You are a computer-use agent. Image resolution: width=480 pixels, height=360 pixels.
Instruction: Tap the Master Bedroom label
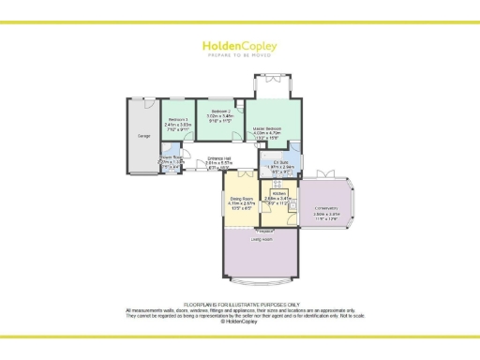coord(268,127)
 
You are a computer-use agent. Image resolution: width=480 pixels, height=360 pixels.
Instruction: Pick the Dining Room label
coord(242,198)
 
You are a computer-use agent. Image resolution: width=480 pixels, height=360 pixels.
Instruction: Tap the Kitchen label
coord(279,193)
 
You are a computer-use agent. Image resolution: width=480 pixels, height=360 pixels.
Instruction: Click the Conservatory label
coord(327,208)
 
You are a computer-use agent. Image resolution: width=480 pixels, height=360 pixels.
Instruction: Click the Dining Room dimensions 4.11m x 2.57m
coord(242,203)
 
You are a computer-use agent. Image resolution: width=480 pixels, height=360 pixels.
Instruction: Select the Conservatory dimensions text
coord(327,214)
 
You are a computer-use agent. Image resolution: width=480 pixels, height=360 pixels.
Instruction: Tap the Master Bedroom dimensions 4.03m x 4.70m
coord(268,133)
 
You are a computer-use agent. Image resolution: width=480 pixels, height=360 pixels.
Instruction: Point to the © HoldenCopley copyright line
coord(240,321)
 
